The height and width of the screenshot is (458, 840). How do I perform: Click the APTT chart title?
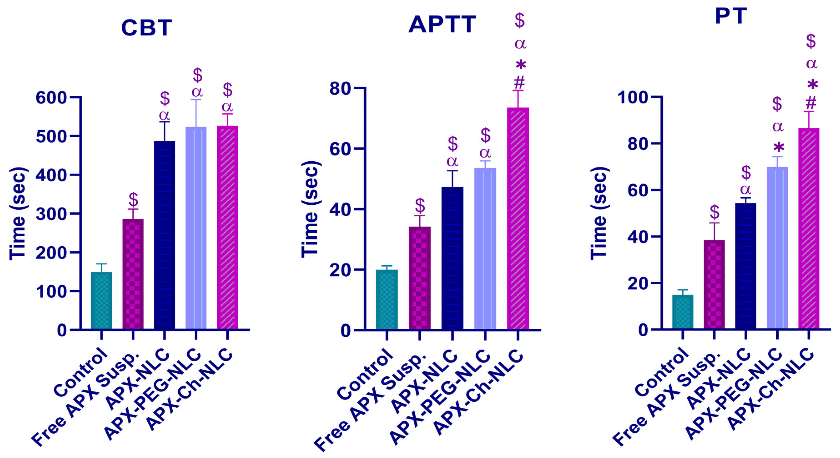(x=442, y=25)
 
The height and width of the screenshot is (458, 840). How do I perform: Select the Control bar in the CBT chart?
(x=101, y=300)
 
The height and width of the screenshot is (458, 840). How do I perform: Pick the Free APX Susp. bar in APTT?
(x=420, y=278)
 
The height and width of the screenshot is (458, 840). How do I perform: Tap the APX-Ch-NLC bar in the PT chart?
(x=809, y=228)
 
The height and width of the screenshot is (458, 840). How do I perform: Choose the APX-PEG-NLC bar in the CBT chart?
(x=196, y=228)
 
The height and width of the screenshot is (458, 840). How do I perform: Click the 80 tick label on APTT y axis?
(x=339, y=88)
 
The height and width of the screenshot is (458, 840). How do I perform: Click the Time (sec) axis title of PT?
(x=599, y=213)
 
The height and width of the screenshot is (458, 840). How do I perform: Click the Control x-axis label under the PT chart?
(x=662, y=372)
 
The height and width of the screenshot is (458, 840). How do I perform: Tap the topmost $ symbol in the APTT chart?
(x=520, y=20)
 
